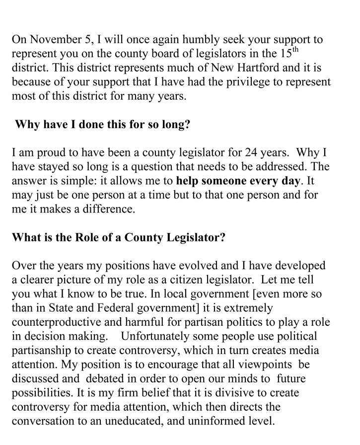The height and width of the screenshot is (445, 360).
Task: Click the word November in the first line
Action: click(54, 40)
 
